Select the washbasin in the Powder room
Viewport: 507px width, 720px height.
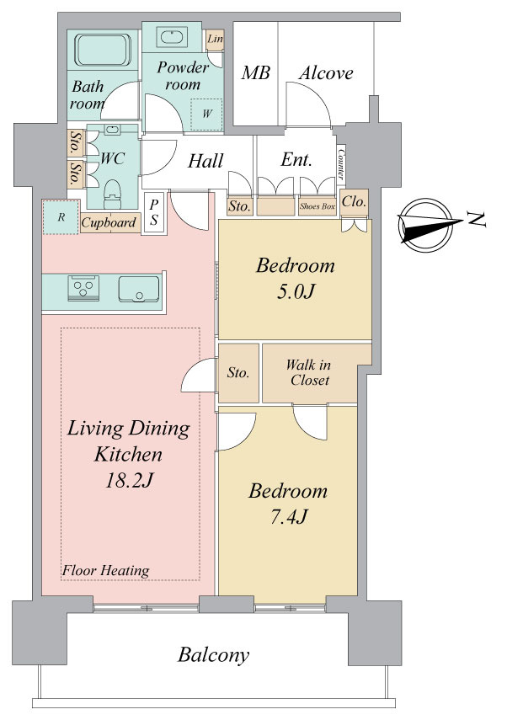click(x=172, y=36)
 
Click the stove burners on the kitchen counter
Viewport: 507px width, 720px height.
click(x=83, y=288)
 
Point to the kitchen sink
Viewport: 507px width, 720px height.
click(x=139, y=289)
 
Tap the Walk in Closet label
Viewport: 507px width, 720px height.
click(x=308, y=372)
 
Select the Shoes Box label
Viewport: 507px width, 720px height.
click(x=318, y=206)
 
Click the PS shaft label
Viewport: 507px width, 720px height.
click(x=154, y=212)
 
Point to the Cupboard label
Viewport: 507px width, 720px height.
click(x=109, y=222)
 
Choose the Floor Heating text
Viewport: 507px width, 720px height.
click(x=105, y=571)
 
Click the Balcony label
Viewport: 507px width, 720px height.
click(x=214, y=655)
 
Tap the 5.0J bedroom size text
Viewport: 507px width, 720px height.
click(x=296, y=291)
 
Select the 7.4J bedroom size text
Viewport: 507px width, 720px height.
click(x=288, y=517)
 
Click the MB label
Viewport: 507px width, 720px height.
click(x=256, y=72)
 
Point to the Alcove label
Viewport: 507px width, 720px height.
click(x=326, y=73)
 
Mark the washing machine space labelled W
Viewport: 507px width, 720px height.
click(x=206, y=115)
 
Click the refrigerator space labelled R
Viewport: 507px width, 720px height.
click(x=61, y=217)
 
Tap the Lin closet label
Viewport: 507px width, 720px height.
click(x=215, y=39)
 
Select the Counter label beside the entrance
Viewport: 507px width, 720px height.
click(x=341, y=164)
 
